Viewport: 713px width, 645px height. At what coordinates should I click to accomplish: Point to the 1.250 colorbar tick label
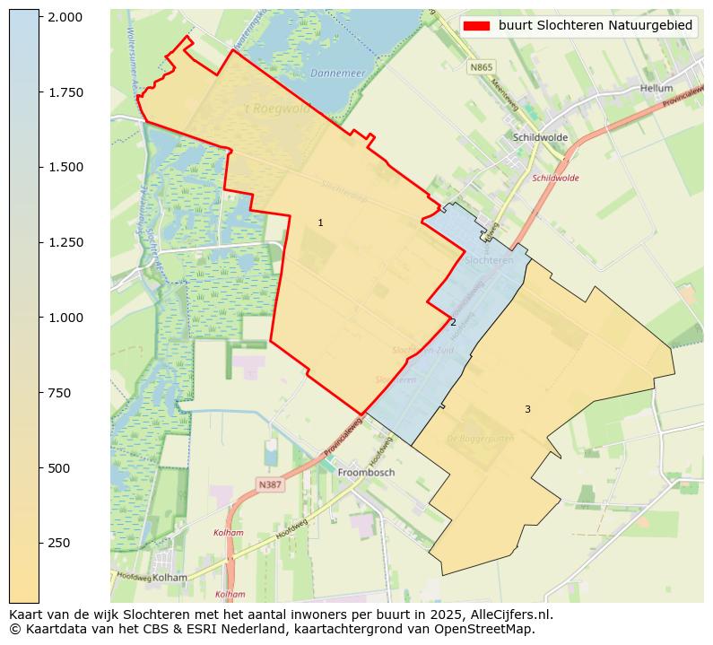point(65,242)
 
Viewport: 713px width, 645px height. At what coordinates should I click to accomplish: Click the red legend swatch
point(476,26)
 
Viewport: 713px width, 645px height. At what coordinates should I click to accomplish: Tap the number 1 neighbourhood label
point(320,222)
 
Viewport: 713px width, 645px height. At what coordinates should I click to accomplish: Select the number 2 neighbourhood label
point(453,323)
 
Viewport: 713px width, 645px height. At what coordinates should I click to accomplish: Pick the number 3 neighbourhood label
point(527,409)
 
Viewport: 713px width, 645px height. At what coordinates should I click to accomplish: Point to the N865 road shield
point(481,66)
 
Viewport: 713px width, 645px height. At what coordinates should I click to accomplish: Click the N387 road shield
point(271,484)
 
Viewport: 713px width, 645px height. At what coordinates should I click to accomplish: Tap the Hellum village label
point(656,89)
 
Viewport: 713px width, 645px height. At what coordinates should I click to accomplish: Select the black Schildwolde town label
point(540,137)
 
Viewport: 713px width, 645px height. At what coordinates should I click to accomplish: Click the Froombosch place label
point(366,472)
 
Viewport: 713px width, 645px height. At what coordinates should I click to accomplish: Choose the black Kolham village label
point(170,578)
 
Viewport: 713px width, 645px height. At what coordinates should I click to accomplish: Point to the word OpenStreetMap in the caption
point(490,629)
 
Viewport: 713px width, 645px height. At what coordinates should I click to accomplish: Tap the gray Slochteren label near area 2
point(490,259)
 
